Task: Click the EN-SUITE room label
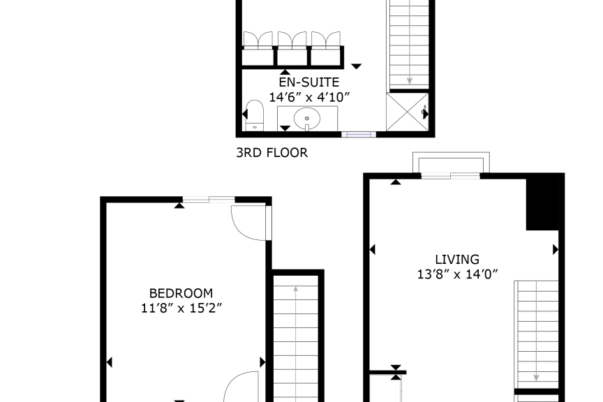coord(309,82)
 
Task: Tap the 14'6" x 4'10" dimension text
coord(309,97)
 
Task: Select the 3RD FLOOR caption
coord(272,153)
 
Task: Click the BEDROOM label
coord(181,294)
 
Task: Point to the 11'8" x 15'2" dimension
coord(181,308)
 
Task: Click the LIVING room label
coord(457,260)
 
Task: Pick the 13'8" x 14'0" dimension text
coord(457,274)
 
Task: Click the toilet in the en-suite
coord(255,115)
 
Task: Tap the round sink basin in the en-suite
coord(307,118)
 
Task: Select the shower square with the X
coord(408,112)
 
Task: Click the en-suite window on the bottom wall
coord(359,134)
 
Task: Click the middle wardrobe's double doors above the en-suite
coord(292,39)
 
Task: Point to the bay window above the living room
coord(451,165)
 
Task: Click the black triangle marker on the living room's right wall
coord(556,250)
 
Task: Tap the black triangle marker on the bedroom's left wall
coord(109,362)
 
